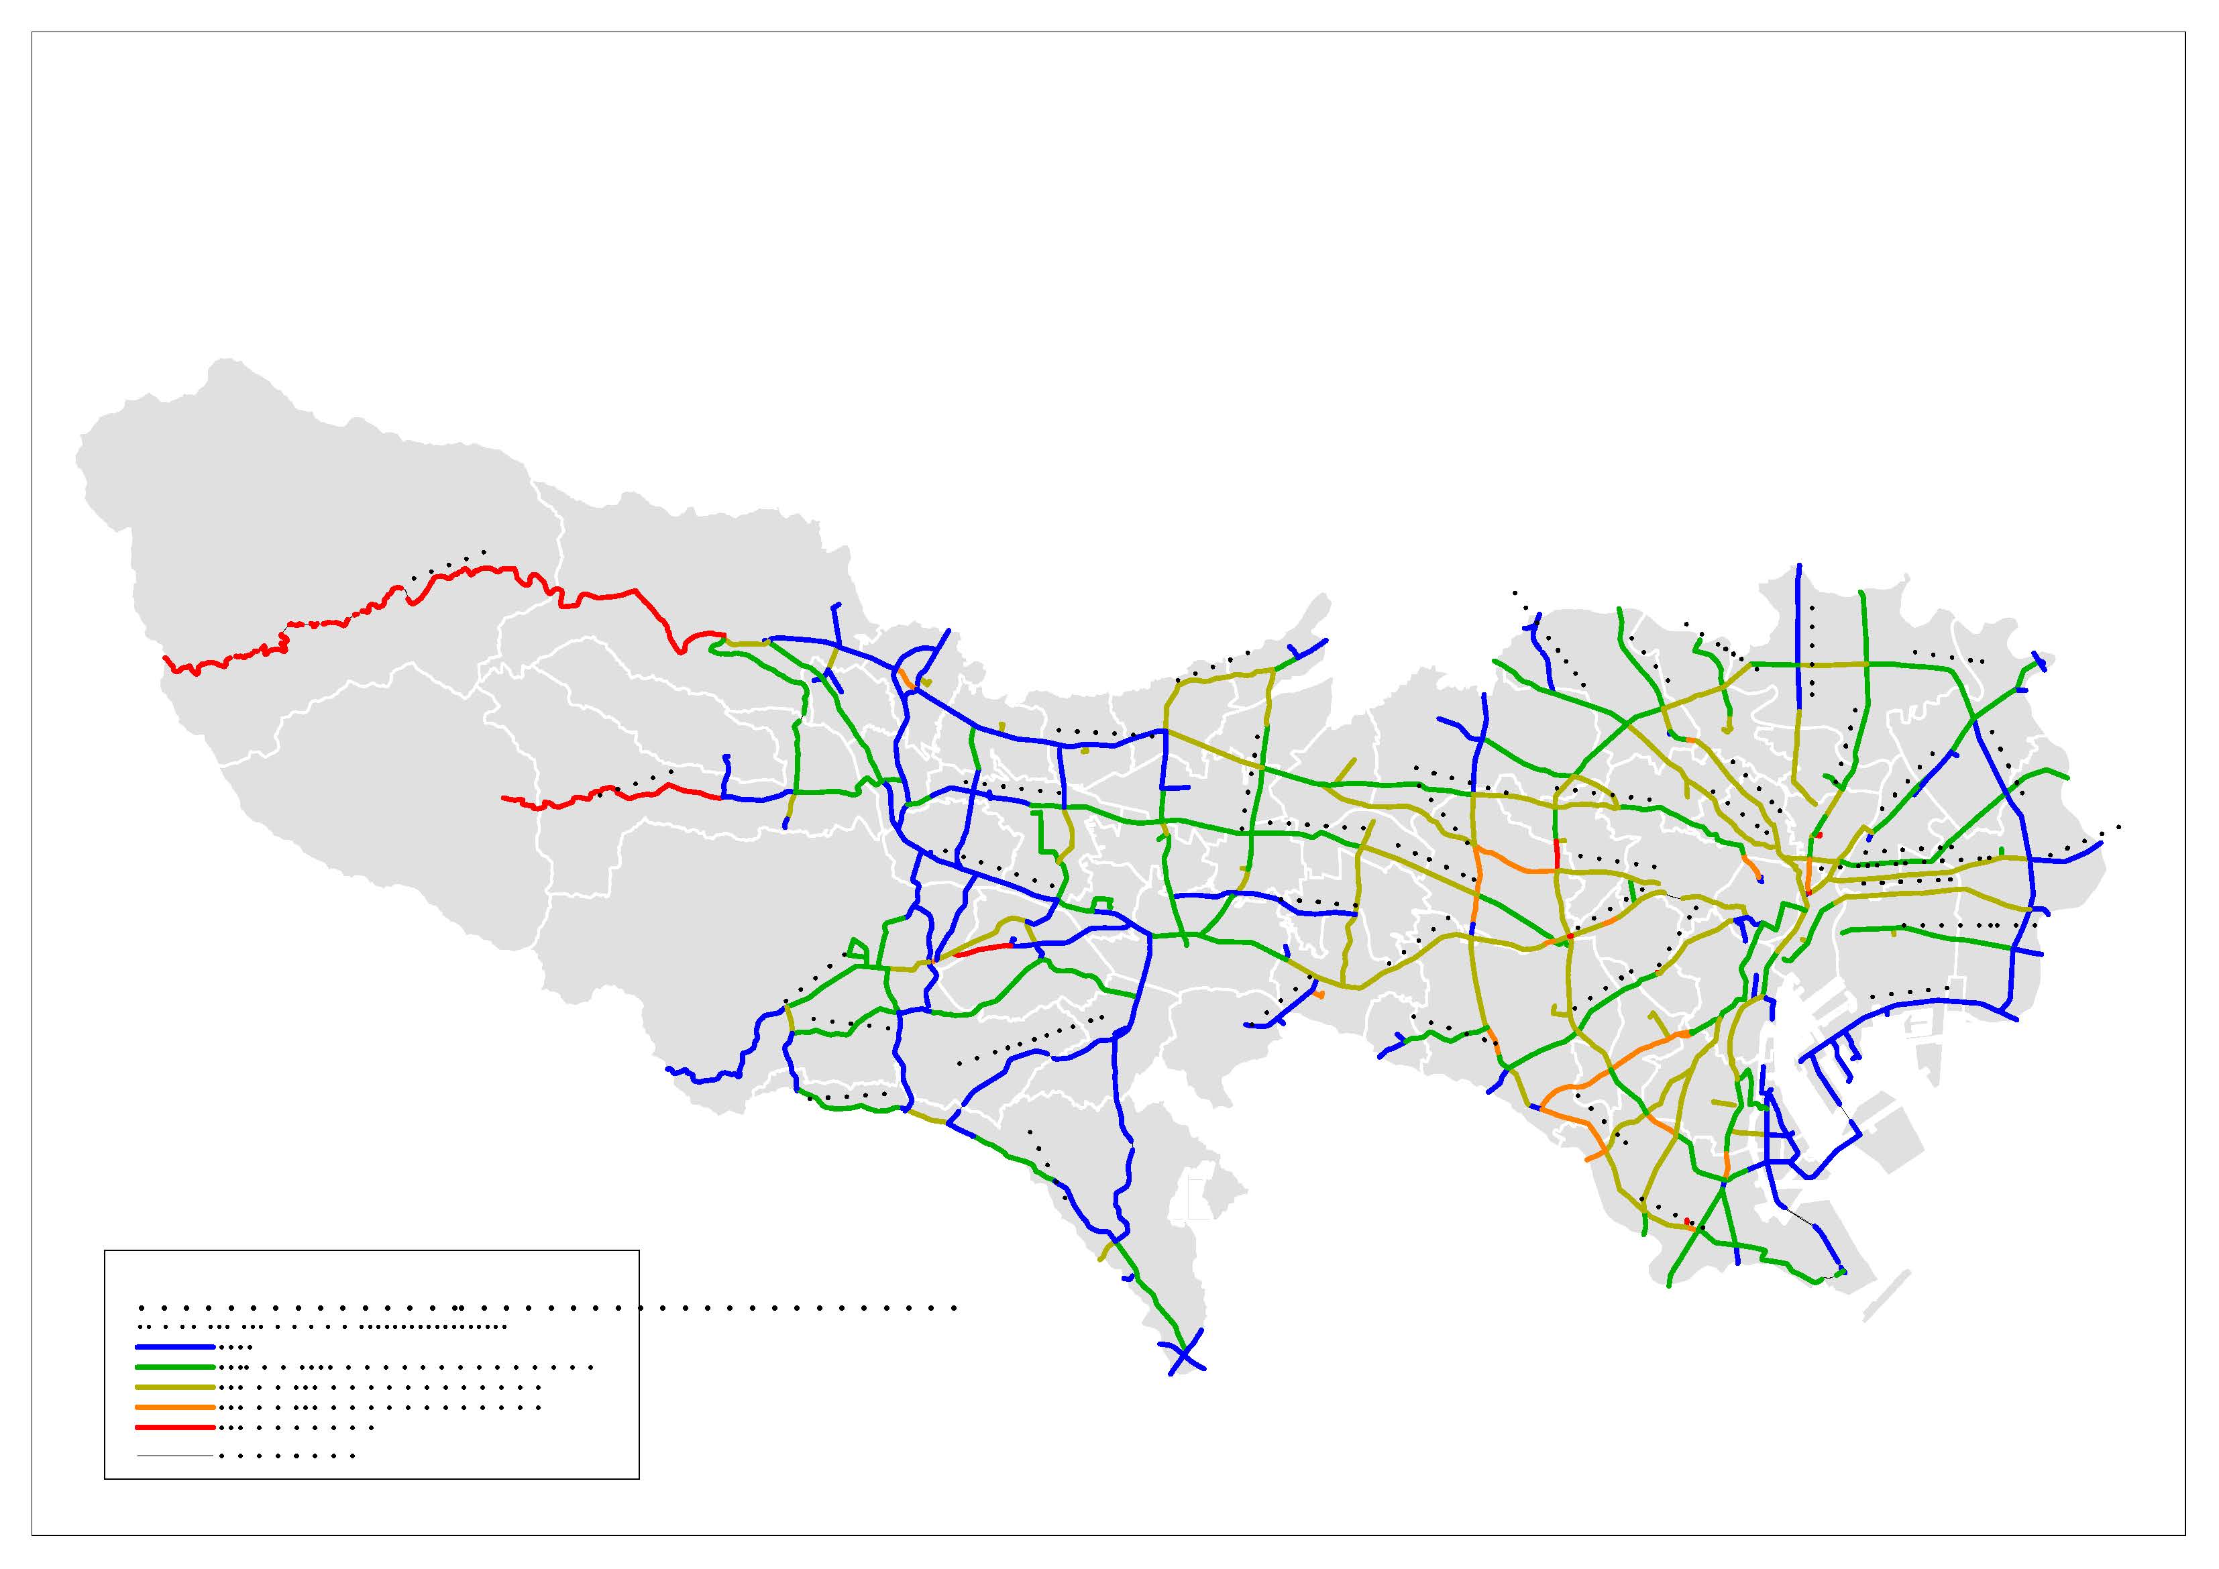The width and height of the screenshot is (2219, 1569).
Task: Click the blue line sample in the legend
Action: [x=174, y=1347]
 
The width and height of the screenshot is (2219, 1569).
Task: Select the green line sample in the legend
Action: [x=174, y=1367]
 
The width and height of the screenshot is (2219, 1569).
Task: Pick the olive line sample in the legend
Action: [x=174, y=1387]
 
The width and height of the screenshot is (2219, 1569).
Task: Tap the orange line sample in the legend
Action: [x=174, y=1407]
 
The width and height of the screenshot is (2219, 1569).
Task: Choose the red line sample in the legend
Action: [x=174, y=1427]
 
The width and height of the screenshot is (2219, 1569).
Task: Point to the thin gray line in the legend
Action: [x=174, y=1456]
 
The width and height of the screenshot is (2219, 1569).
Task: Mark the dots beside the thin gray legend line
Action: [x=287, y=1456]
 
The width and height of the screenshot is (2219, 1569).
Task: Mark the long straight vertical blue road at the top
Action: [x=1798, y=638]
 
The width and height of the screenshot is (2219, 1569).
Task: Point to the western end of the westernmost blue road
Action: [x=668, y=1069]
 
